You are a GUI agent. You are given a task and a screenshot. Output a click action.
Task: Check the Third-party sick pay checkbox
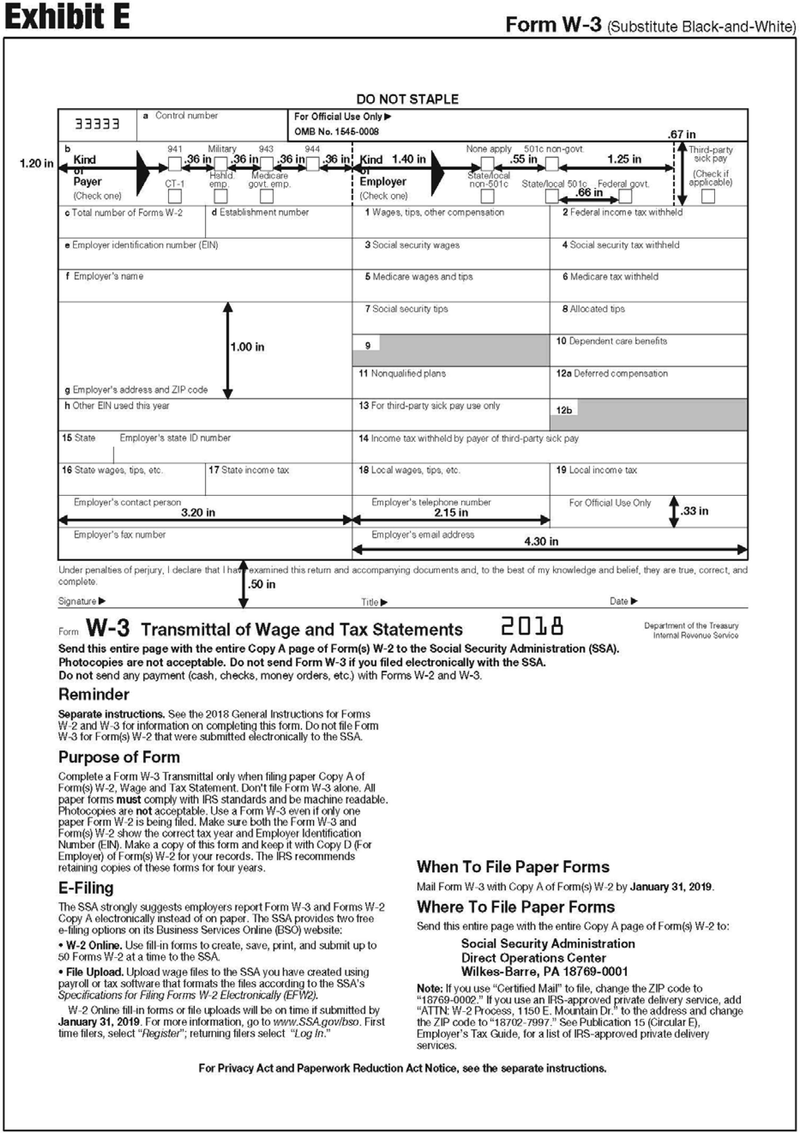coord(708,196)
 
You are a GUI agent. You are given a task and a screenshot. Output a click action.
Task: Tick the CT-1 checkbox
coord(175,196)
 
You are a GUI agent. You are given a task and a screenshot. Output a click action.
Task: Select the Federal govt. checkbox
coord(625,196)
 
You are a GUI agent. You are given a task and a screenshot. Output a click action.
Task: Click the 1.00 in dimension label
coord(247,347)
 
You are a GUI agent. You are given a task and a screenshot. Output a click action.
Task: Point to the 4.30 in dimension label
coord(541,541)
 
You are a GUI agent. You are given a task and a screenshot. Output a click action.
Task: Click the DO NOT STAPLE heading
coord(407,99)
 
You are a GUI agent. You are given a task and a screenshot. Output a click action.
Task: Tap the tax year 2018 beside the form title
coord(533,627)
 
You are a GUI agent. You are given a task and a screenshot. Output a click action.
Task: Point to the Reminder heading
coord(94,694)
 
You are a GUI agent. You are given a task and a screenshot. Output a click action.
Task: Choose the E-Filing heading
coord(86,888)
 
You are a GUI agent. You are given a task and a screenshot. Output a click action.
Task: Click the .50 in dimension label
coord(261,584)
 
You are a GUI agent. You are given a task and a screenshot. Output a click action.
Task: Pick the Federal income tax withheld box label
coord(622,212)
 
